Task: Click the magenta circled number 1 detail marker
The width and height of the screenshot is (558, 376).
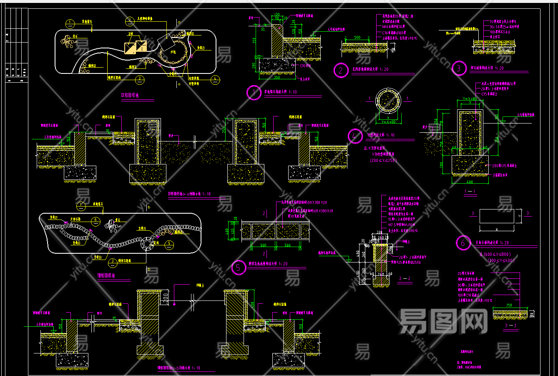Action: (253, 93)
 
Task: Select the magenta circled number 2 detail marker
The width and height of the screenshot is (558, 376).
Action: (341, 70)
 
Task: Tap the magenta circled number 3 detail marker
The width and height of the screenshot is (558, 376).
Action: (459, 68)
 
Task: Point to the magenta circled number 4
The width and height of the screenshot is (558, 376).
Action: (355, 136)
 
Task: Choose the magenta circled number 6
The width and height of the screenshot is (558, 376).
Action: (462, 243)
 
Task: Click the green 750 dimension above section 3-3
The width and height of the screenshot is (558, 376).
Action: (509, 305)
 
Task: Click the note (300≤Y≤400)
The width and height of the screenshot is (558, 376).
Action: (501, 260)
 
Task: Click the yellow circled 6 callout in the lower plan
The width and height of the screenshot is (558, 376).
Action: (96, 220)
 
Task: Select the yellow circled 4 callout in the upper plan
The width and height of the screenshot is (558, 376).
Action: (215, 78)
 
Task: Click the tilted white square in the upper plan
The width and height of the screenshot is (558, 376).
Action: (167, 40)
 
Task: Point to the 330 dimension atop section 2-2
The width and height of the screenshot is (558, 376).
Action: (379, 232)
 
